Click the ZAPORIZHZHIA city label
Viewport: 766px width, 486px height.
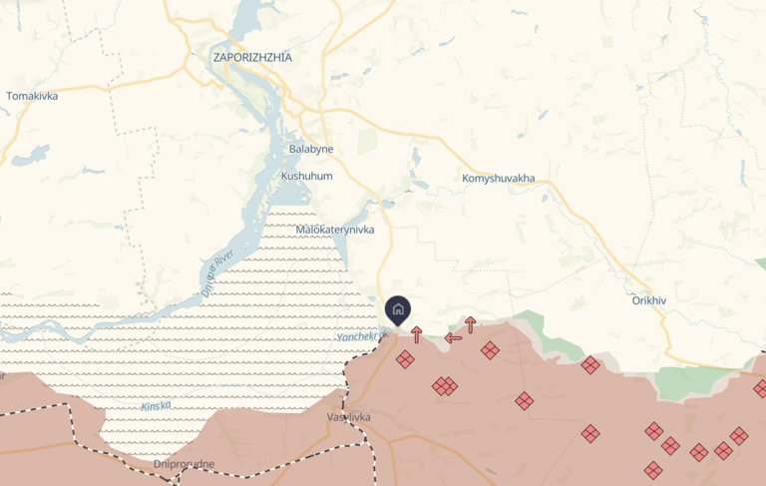[252, 57]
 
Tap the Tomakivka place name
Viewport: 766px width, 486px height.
[32, 96]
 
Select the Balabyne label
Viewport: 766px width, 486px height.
[311, 149]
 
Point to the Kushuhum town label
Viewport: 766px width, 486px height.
[306, 176]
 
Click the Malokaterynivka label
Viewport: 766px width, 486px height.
[335, 230]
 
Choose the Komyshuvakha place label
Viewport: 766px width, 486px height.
[499, 179]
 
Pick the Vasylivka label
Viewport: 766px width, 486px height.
[349, 416]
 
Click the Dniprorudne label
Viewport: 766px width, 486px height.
[185, 464]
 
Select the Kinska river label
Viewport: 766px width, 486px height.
[156, 406]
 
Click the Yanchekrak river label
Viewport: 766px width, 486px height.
[357, 337]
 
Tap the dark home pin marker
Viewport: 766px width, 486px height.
[397, 309]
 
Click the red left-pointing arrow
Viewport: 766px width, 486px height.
[453, 337]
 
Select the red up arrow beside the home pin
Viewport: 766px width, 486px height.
[417, 334]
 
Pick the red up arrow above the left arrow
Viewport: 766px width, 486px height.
[470, 324]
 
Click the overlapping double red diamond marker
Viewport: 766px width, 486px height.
[445, 385]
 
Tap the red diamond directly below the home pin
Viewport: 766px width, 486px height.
[405, 359]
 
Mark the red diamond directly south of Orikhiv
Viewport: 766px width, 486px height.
[654, 431]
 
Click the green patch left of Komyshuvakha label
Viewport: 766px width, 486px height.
[368, 141]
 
